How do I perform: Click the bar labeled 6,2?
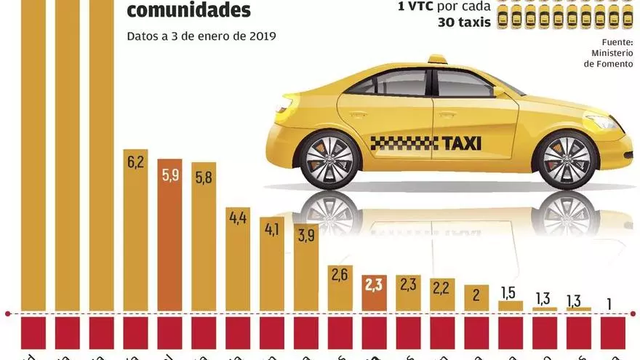136,240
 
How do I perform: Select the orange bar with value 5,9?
170,244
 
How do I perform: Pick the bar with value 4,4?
238,265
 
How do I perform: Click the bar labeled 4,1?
272,269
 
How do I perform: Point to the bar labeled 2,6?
340,291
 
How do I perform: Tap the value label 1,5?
510,292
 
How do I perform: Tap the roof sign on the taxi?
436,59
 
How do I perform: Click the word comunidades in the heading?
189,11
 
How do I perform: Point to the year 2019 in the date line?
261,35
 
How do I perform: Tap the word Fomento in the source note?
614,64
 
